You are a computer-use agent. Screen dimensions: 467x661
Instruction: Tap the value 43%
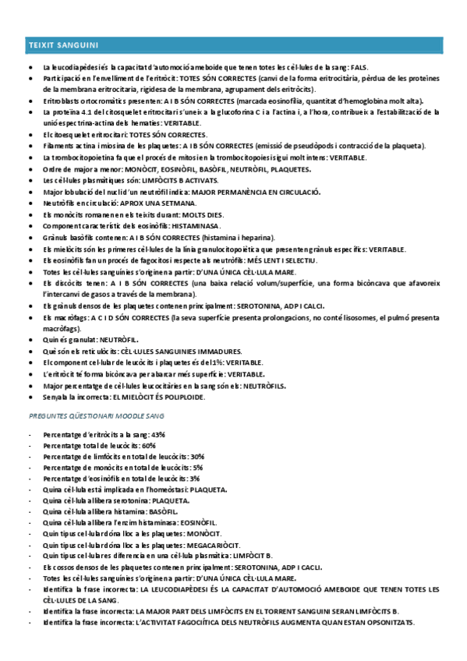[x=157, y=434]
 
